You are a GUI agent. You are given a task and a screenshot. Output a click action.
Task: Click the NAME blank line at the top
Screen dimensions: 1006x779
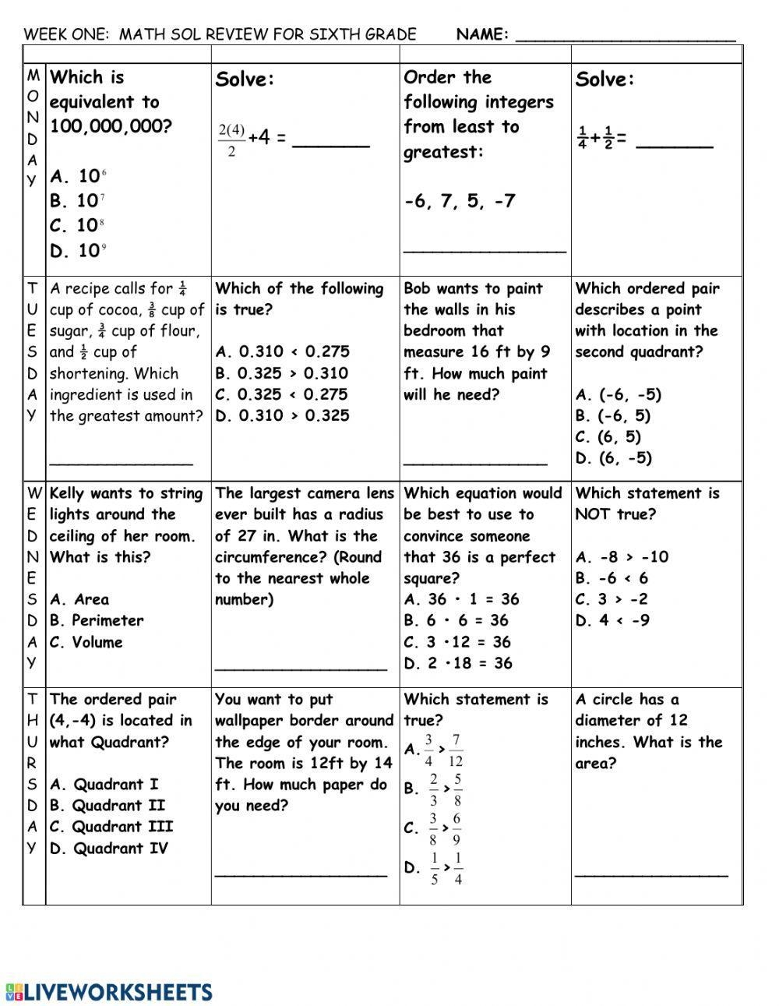tap(626, 37)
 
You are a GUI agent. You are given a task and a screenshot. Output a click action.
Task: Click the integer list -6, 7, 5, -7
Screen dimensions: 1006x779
tap(460, 201)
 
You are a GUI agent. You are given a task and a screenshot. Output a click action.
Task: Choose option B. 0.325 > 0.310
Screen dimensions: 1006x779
tap(282, 373)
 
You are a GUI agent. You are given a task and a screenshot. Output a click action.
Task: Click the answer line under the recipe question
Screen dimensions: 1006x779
tap(121, 463)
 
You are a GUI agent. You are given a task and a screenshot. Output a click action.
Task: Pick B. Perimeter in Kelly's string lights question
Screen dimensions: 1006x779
tap(97, 620)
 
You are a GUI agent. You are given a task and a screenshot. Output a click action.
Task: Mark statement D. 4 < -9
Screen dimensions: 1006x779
tap(612, 620)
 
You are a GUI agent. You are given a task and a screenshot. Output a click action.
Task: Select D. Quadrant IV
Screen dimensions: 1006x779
tap(108, 848)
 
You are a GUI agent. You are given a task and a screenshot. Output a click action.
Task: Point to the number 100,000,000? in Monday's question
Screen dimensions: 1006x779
tap(110, 126)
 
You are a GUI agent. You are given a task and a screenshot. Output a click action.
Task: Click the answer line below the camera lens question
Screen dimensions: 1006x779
tap(301, 669)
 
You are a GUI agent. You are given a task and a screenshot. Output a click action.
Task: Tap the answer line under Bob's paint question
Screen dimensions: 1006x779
tap(475, 463)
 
